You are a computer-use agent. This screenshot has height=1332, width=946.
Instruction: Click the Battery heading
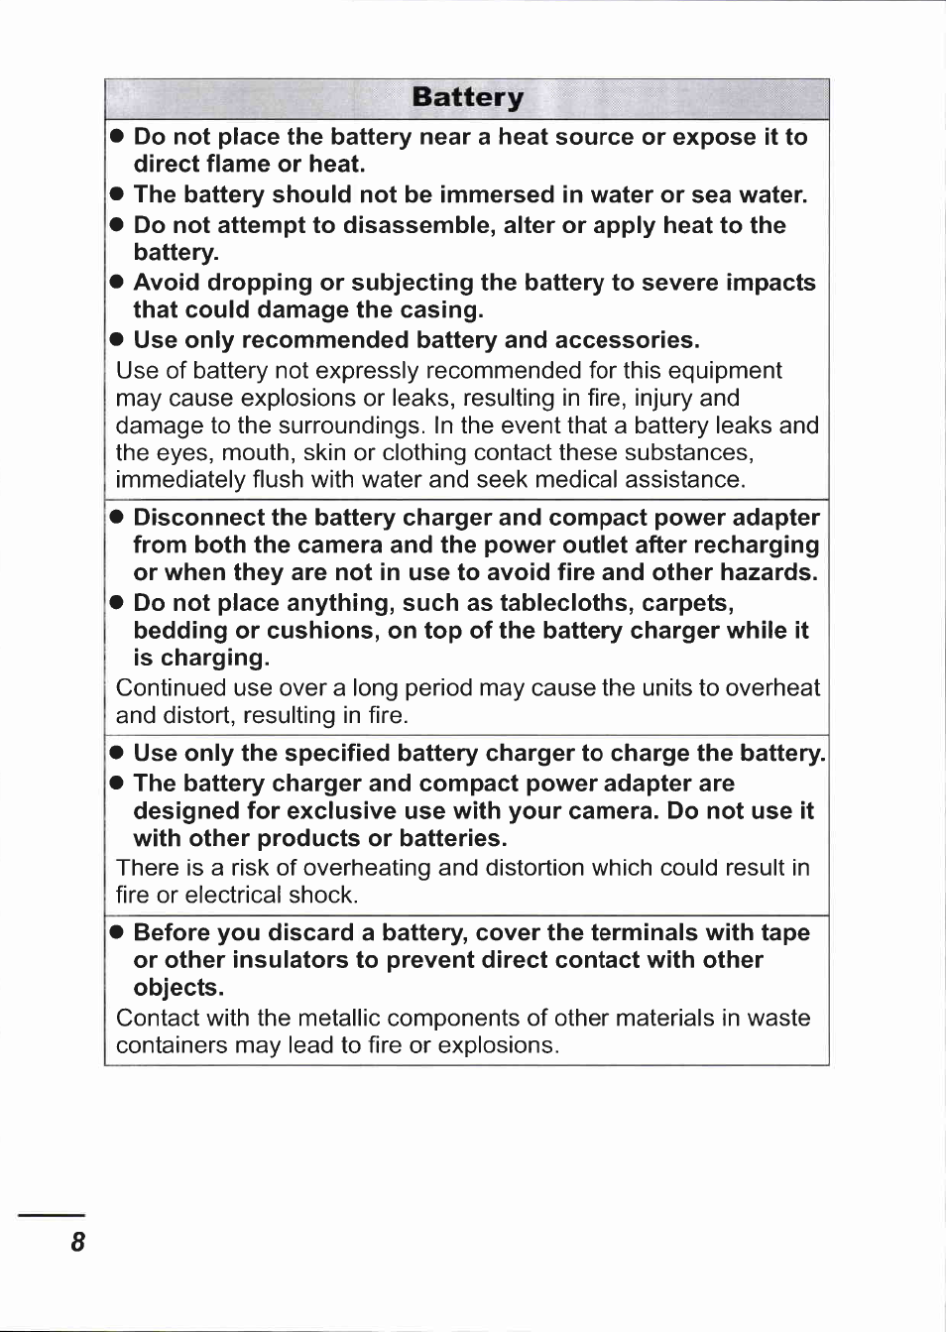click(x=467, y=97)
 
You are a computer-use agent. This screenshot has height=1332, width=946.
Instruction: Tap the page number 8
click(x=77, y=1242)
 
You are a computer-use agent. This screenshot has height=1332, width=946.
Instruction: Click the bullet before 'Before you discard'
click(x=117, y=932)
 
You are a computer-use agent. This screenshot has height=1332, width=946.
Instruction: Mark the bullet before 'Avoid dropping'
click(x=117, y=283)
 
